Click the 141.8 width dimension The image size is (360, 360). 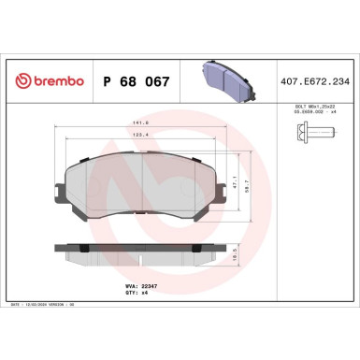coord(141,122)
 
